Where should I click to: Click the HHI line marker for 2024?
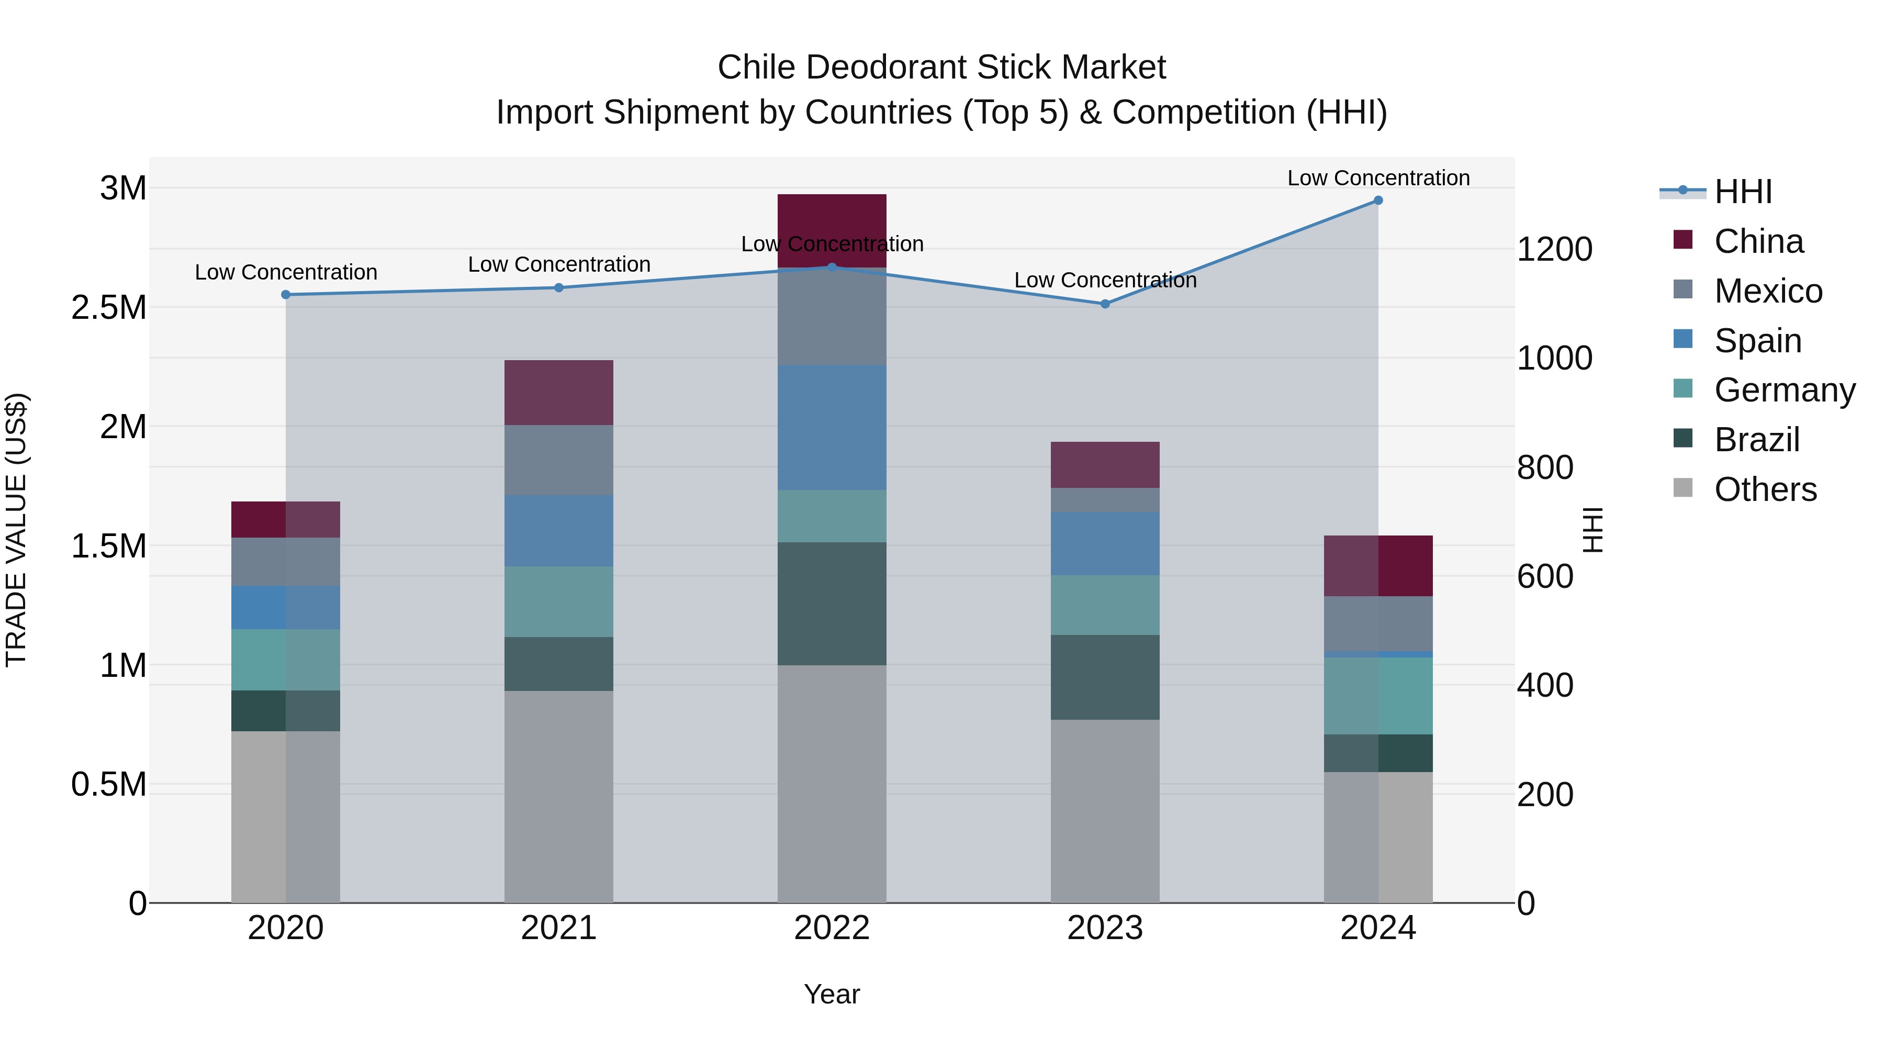tap(1378, 200)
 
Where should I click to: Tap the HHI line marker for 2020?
tap(286, 295)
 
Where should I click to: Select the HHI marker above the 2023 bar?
tap(1105, 304)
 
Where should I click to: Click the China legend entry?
tap(1758, 241)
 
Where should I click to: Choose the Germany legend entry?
tap(1784, 390)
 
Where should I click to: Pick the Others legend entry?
tap(1765, 489)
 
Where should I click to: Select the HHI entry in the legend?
tap(1742, 192)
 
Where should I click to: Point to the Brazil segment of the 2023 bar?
tap(1105, 677)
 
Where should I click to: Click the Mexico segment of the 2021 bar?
tap(559, 460)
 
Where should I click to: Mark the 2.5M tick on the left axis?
tap(109, 308)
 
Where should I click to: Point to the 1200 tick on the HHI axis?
tap(1554, 250)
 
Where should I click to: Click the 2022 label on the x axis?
tap(832, 928)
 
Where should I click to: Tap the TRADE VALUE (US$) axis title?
tap(16, 530)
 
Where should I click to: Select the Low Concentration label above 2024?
tap(1378, 178)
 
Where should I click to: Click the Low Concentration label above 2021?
tap(559, 264)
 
